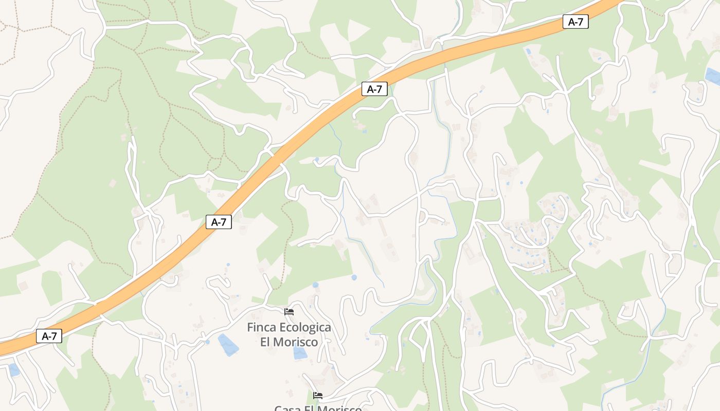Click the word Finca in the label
tap(261, 328)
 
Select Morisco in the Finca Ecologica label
tap(296, 342)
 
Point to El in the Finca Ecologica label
tap(266, 342)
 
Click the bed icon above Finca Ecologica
tap(289, 311)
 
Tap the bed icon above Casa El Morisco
tap(318, 395)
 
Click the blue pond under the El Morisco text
tap(299, 353)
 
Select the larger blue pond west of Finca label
tap(228, 344)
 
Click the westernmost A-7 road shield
tap(49, 337)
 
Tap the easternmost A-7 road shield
tap(575, 22)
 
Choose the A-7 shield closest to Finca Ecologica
tap(219, 222)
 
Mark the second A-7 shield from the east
tap(374, 89)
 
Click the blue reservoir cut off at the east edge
tap(713, 76)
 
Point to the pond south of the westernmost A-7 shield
tap(14, 369)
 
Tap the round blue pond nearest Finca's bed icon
tap(315, 285)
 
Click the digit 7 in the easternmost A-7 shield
tap(581, 22)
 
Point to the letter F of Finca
tap(250, 328)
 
